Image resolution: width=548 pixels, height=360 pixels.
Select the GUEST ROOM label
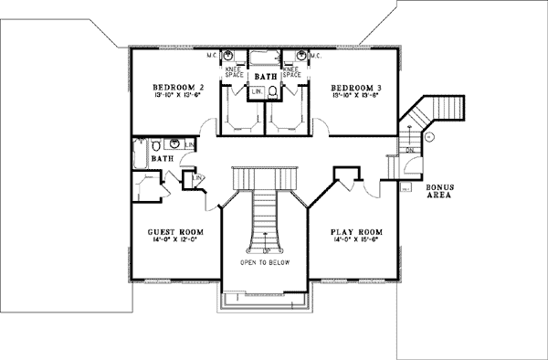[174, 233]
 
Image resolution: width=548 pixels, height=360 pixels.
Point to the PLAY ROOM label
[353, 233]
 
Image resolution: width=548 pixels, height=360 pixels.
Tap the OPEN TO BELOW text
[266, 262]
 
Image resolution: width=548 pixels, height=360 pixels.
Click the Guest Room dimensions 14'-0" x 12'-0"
[174, 242]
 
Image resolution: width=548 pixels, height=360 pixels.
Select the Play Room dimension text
[353, 242]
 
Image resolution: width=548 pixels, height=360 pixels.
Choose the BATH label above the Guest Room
[163, 158]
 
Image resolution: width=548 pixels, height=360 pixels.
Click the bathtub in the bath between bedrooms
[265, 58]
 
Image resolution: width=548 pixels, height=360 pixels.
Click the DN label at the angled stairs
[410, 150]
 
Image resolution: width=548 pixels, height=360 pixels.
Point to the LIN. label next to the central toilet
[257, 91]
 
